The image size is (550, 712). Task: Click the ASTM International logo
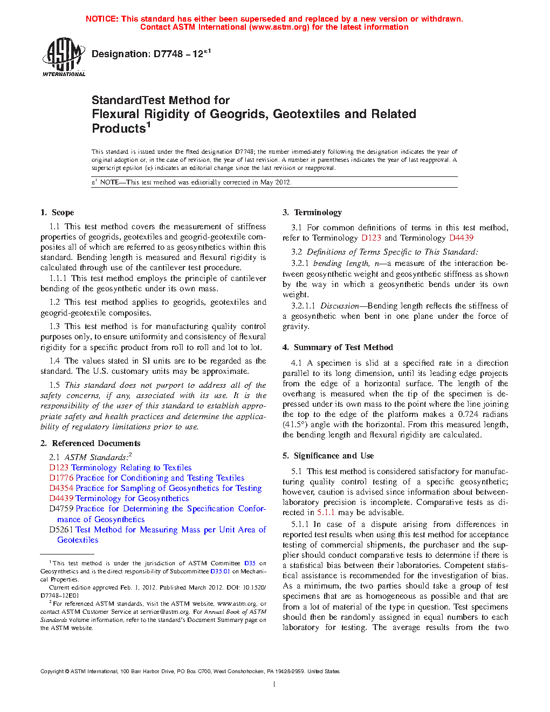64,56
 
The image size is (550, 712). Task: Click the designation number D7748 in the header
168,54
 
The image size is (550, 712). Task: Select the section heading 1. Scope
57,213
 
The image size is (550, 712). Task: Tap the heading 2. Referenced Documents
91,443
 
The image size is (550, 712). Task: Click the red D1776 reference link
61,478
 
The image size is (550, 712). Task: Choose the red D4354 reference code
61,488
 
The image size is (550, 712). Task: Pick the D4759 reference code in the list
61,509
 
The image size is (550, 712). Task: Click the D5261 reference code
61,530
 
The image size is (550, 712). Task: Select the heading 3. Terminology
312,213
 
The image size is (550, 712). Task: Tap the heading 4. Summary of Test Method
338,347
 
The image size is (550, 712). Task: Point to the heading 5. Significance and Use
328,456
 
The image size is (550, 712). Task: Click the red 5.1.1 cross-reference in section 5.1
326,512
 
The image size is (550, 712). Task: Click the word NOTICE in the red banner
102,19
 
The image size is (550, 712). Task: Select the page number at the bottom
274,684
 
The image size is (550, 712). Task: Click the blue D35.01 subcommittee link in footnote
220,571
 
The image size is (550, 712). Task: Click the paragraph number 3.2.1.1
303,306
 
